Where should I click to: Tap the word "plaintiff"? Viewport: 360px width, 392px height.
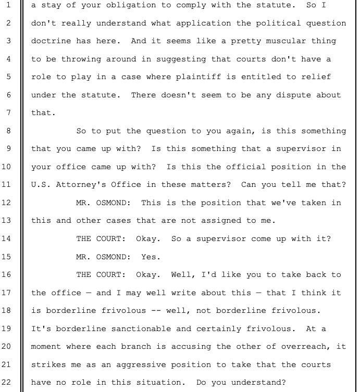(198, 77)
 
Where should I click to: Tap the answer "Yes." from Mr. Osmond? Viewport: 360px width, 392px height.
(151, 256)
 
